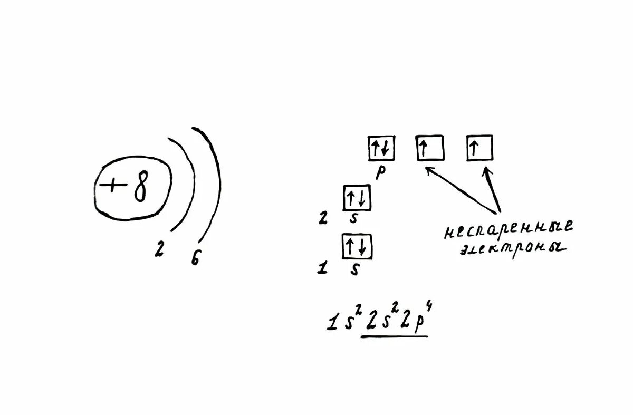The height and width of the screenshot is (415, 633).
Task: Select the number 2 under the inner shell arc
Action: (158, 250)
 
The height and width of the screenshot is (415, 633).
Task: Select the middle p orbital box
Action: (429, 148)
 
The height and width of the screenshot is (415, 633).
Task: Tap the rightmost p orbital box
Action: (479, 148)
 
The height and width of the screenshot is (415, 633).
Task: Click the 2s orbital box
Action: (357, 199)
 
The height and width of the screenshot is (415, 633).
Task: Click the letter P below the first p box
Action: (380, 173)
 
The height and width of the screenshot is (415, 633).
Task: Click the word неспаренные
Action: (507, 229)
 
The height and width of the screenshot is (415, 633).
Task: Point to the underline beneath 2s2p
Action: (394, 336)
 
